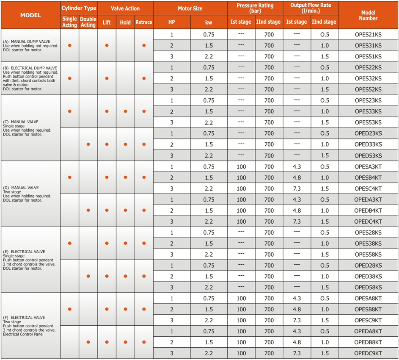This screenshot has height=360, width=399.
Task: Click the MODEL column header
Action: pos(30,15)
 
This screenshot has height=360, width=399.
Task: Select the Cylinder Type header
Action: pos(79,8)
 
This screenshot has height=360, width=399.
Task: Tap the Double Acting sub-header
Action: pos(88,22)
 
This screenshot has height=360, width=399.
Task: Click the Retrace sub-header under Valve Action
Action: pos(144,22)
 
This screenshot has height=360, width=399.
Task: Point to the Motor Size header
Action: pos(190,8)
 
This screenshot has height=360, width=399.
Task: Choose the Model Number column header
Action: pos(368,15)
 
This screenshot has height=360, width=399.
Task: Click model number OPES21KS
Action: pos(368,34)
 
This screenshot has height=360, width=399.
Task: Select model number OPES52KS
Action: pos(368,89)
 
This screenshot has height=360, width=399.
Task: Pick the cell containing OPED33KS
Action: pos(368,144)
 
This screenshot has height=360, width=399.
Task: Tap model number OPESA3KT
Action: pos(368,166)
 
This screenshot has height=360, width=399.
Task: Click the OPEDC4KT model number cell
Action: pos(368,222)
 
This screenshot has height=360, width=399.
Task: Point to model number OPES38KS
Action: pos(368,244)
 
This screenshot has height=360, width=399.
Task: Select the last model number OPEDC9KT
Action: pos(368,353)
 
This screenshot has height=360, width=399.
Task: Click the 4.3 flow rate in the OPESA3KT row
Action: pos(297,166)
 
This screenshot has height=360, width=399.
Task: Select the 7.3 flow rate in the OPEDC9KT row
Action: pos(297,353)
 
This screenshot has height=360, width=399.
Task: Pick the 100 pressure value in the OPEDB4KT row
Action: pos(241,210)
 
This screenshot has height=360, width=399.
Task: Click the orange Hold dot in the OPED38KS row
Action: pos(125,276)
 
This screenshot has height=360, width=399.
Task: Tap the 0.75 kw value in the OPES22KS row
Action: pos(209,67)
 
